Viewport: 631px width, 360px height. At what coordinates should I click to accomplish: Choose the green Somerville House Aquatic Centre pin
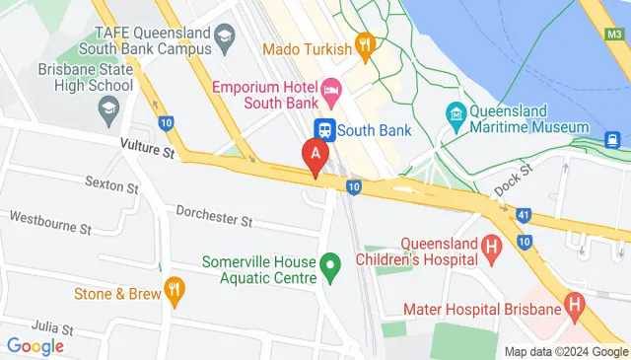pos(331,264)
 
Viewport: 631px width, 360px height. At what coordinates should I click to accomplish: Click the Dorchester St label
pos(214,213)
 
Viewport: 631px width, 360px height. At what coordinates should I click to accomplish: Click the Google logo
pos(35,346)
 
